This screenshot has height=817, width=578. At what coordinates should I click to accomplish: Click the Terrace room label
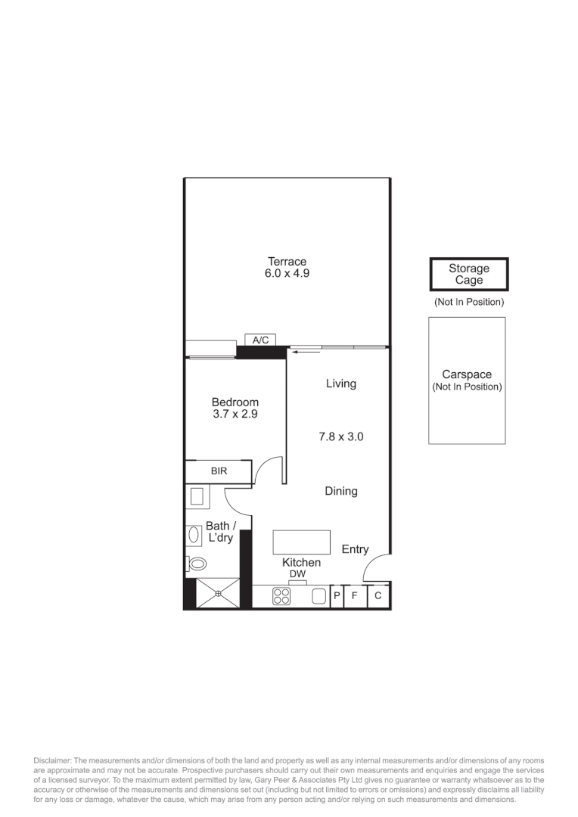pyautogui.click(x=287, y=262)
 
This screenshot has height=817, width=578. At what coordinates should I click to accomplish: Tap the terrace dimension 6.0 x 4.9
pyautogui.click(x=287, y=274)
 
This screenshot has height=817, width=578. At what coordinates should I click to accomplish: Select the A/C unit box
pyautogui.click(x=260, y=340)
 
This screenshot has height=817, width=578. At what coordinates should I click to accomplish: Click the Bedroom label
pyautogui.click(x=235, y=402)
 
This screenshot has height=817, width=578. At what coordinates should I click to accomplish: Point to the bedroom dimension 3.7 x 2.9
pyautogui.click(x=235, y=415)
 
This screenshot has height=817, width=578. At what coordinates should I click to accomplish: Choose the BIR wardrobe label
pyautogui.click(x=219, y=471)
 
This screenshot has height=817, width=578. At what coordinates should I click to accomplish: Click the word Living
pyautogui.click(x=340, y=384)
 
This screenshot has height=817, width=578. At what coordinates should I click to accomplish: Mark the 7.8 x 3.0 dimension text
pyautogui.click(x=340, y=436)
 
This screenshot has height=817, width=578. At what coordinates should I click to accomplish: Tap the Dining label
pyautogui.click(x=340, y=491)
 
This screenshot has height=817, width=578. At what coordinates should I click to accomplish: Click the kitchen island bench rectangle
pyautogui.click(x=301, y=542)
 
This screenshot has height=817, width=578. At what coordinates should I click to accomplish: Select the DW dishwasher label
pyautogui.click(x=297, y=575)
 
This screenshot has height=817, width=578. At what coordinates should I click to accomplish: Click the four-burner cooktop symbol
pyautogui.click(x=281, y=596)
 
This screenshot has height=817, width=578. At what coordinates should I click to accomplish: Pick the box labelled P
pyautogui.click(x=337, y=596)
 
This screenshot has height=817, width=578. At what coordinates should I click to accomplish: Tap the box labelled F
pyautogui.click(x=354, y=596)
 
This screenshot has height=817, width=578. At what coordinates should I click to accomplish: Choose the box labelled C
pyautogui.click(x=378, y=596)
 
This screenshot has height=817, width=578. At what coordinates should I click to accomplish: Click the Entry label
pyautogui.click(x=355, y=549)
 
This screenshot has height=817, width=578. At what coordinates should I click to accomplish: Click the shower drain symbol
pyautogui.click(x=218, y=594)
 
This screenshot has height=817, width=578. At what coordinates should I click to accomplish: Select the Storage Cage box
pyautogui.click(x=469, y=275)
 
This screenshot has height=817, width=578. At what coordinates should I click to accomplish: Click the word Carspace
pyautogui.click(x=467, y=374)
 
